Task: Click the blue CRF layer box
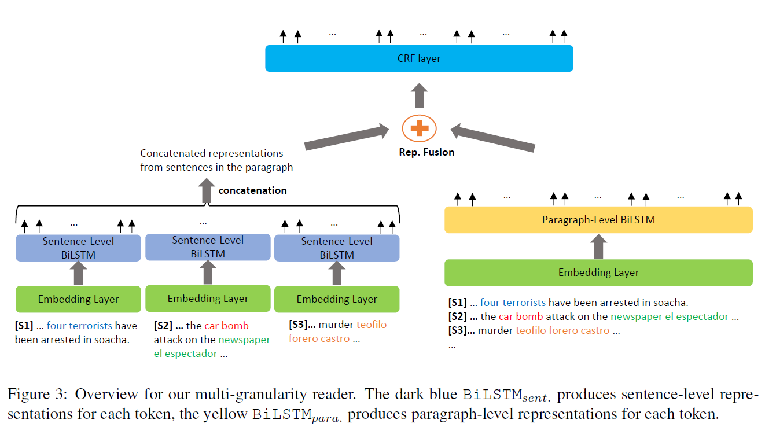pos(419,58)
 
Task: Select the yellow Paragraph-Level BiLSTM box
pos(598,220)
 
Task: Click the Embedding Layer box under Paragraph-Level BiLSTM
pos(598,273)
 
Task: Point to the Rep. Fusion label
pos(426,152)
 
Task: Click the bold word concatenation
pos(252,190)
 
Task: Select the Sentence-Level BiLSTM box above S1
pos(78,248)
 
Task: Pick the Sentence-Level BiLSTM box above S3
pos(337,248)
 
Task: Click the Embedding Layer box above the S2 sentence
pos(208,299)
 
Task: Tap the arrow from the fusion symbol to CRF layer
pos(419,95)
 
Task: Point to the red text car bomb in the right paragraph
pos(521,316)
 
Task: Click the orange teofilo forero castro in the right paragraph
pos(562,330)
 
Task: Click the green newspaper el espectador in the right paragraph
pos(670,316)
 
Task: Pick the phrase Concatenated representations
pos(212,153)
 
